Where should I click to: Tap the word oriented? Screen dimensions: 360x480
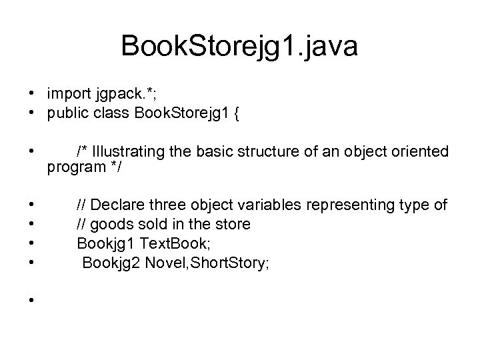[419, 151]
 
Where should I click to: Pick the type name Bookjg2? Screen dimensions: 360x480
[109, 263]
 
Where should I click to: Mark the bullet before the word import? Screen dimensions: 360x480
[31, 90]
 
